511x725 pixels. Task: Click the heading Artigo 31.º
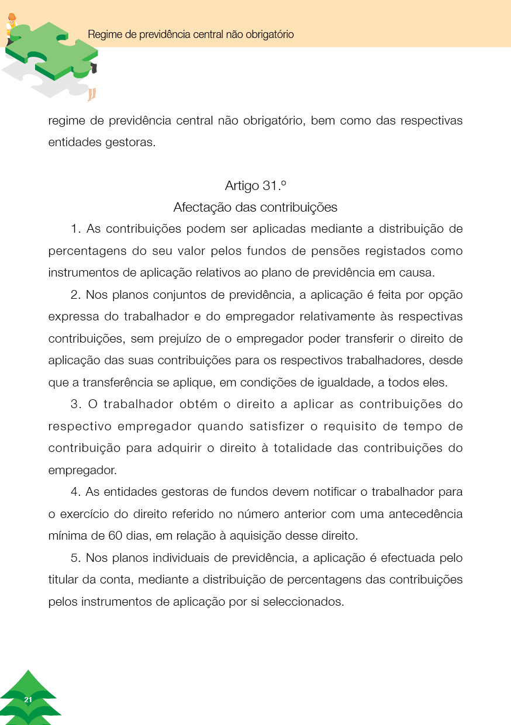255,185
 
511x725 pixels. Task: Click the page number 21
28,700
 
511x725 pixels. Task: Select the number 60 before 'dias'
115,536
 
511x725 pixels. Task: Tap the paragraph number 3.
74,405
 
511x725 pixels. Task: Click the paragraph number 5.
74,558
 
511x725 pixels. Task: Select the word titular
61,579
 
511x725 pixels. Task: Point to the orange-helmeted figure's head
12,18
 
